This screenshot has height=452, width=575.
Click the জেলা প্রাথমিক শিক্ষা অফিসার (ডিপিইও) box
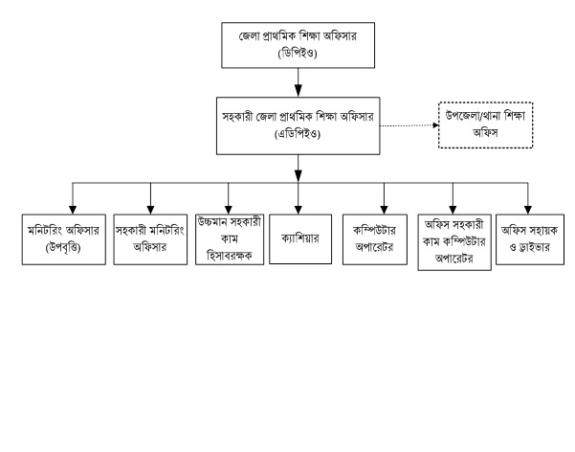[298, 45]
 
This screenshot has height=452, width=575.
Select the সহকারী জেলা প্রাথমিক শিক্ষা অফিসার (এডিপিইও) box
[298, 126]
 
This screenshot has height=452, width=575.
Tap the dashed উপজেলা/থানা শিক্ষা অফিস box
[485, 125]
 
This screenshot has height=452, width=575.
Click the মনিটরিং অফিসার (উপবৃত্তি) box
[64, 239]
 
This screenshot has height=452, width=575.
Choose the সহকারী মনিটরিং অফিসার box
[150, 239]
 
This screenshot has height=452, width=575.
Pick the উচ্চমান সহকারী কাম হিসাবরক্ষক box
[230, 239]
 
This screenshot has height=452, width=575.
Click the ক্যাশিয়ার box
[300, 239]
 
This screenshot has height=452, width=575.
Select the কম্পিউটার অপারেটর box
[375, 239]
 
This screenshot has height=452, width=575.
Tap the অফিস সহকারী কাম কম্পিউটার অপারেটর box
[454, 242]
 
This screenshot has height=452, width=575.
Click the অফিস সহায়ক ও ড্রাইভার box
[530, 239]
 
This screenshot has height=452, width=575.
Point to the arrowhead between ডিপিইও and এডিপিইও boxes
[299, 91]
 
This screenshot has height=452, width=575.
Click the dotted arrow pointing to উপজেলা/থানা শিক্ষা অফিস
[409, 125]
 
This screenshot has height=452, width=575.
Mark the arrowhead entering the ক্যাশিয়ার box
[299, 210]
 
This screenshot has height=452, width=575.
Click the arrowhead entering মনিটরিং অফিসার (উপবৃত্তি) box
[73, 210]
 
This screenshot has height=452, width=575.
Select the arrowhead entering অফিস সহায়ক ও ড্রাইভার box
[528, 210]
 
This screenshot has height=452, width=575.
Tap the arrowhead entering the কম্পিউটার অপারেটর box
[384, 210]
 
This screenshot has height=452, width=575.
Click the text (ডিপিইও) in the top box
[298, 54]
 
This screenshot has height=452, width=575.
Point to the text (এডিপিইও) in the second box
[298, 134]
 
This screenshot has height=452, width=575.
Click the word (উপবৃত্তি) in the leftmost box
[63, 248]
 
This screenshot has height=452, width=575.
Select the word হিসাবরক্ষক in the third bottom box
[230, 255]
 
